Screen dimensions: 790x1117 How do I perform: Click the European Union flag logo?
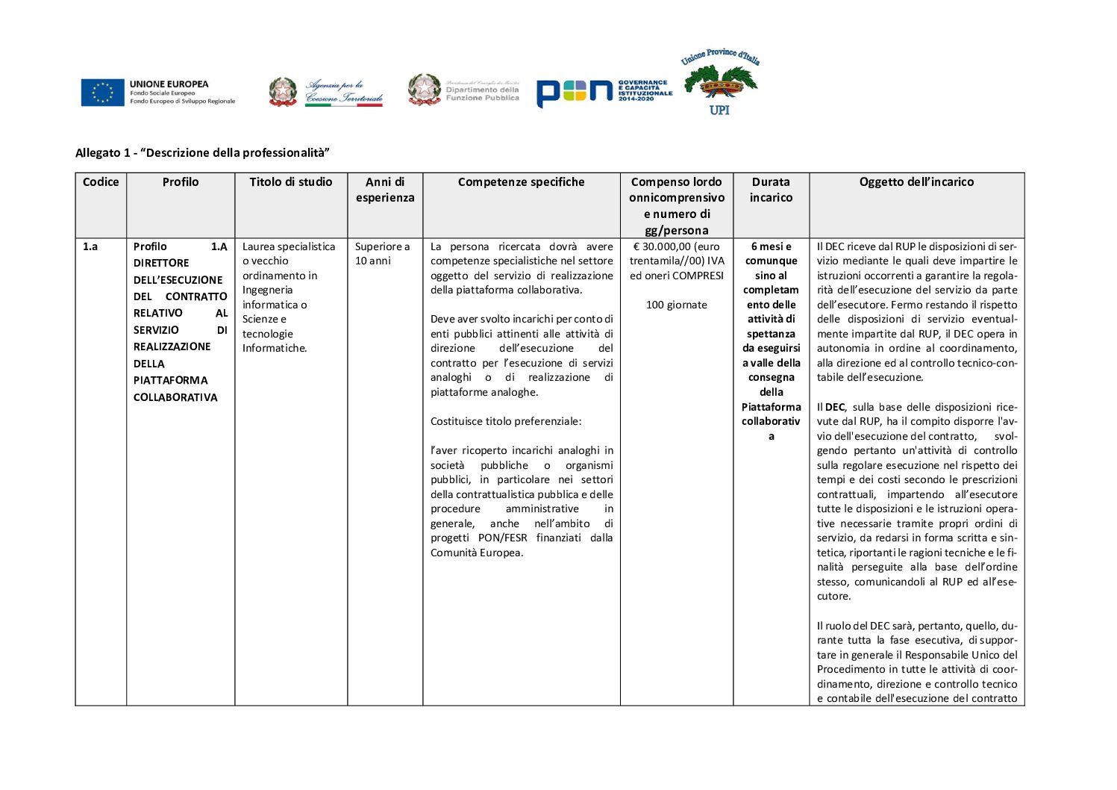click(x=103, y=93)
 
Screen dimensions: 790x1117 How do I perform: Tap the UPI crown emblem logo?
click(x=719, y=82)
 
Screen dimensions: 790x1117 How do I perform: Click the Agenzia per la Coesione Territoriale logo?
click(x=326, y=93)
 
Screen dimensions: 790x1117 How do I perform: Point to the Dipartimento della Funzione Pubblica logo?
click(x=463, y=90)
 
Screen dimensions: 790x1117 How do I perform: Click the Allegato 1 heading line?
click(x=202, y=153)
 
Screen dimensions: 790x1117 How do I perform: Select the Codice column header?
click(x=101, y=182)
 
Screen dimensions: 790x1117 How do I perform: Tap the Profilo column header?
click(x=181, y=182)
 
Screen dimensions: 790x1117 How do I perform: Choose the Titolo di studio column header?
click(x=291, y=182)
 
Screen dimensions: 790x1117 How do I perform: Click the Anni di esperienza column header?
click(x=385, y=190)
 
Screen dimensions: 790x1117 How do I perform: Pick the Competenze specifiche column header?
click(x=521, y=182)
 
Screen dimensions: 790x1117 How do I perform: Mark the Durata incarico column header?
click(x=771, y=190)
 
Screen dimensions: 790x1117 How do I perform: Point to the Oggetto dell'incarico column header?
click(x=916, y=182)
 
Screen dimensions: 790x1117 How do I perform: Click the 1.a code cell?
click(x=90, y=246)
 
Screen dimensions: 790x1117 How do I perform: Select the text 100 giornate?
click(x=676, y=305)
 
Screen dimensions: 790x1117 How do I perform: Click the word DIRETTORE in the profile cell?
click(x=161, y=263)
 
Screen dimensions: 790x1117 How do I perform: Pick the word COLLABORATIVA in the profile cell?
click(x=175, y=397)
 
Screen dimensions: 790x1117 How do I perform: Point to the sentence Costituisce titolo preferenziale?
click(x=505, y=421)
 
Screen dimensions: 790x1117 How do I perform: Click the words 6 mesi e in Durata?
click(x=771, y=246)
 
